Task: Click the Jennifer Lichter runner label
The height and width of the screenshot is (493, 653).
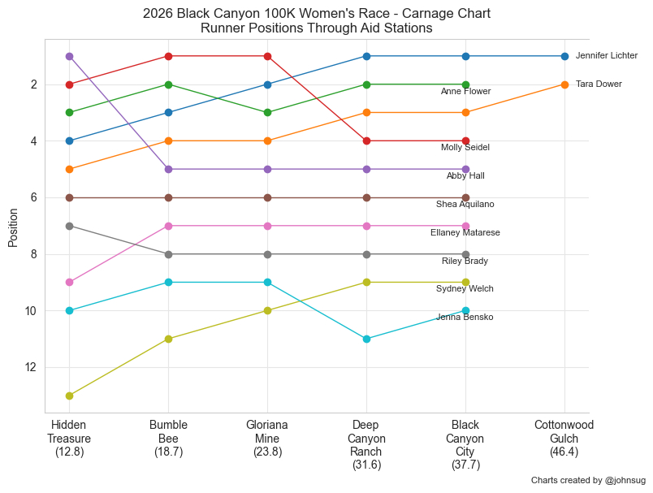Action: pyautogui.click(x=606, y=56)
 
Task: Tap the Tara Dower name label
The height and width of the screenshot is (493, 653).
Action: pyautogui.click(x=599, y=84)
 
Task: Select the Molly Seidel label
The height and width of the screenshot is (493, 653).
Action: pyautogui.click(x=465, y=148)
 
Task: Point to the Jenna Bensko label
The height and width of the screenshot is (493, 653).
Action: pyautogui.click(x=465, y=318)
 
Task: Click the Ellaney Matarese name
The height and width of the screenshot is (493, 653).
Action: pyautogui.click(x=465, y=233)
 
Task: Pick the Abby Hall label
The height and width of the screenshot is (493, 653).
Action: pyautogui.click(x=465, y=176)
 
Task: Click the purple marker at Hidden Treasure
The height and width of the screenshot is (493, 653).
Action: pyautogui.click(x=69, y=56)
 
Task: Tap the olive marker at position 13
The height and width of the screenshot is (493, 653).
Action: pyautogui.click(x=69, y=396)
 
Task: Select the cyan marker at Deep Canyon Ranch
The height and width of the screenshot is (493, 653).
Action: pyautogui.click(x=366, y=339)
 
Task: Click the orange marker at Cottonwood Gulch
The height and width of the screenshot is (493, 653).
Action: pyautogui.click(x=564, y=84)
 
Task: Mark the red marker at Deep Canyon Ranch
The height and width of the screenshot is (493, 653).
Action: pyautogui.click(x=366, y=141)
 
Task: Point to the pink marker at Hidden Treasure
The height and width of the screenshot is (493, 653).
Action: pyautogui.click(x=69, y=283)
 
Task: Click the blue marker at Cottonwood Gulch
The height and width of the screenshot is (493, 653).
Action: pyautogui.click(x=564, y=56)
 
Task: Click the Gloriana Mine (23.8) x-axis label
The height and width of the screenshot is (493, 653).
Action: pyautogui.click(x=267, y=439)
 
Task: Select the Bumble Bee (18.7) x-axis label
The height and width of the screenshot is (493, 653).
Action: pyautogui.click(x=168, y=439)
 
